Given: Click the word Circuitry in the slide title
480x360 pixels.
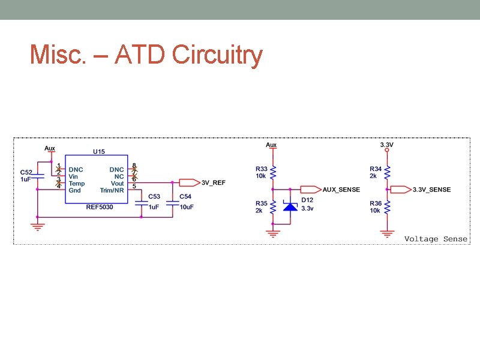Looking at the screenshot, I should coord(217,55).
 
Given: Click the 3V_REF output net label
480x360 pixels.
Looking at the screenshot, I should coord(213,182).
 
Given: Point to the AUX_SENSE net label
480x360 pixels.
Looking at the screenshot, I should coord(341,189).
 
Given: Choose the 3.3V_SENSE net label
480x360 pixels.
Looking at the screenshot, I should coord(431,190).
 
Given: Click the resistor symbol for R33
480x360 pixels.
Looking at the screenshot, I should coord(273,173).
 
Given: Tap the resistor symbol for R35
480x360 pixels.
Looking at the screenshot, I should coord(273,207).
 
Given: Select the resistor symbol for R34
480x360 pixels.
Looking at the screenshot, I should coord(387,173).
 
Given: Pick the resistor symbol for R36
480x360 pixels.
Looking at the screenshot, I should coord(387,207).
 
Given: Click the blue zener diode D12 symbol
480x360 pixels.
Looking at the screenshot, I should coord(290,207).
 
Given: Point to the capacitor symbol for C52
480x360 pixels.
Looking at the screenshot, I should coord(37,176).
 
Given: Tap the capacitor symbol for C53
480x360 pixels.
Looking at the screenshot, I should coord(141,202).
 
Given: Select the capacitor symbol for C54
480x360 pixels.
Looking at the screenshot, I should coord(172,202).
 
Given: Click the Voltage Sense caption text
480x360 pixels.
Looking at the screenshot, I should coord(436,239).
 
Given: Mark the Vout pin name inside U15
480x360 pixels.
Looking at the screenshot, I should coord(117,184).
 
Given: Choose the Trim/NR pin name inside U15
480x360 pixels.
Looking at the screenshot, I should coord(112,190).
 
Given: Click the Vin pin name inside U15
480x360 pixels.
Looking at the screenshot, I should coord(73,177).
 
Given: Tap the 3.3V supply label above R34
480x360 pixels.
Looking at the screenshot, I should coord(387,145).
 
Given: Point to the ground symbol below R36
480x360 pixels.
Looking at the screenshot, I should coord(387,233).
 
